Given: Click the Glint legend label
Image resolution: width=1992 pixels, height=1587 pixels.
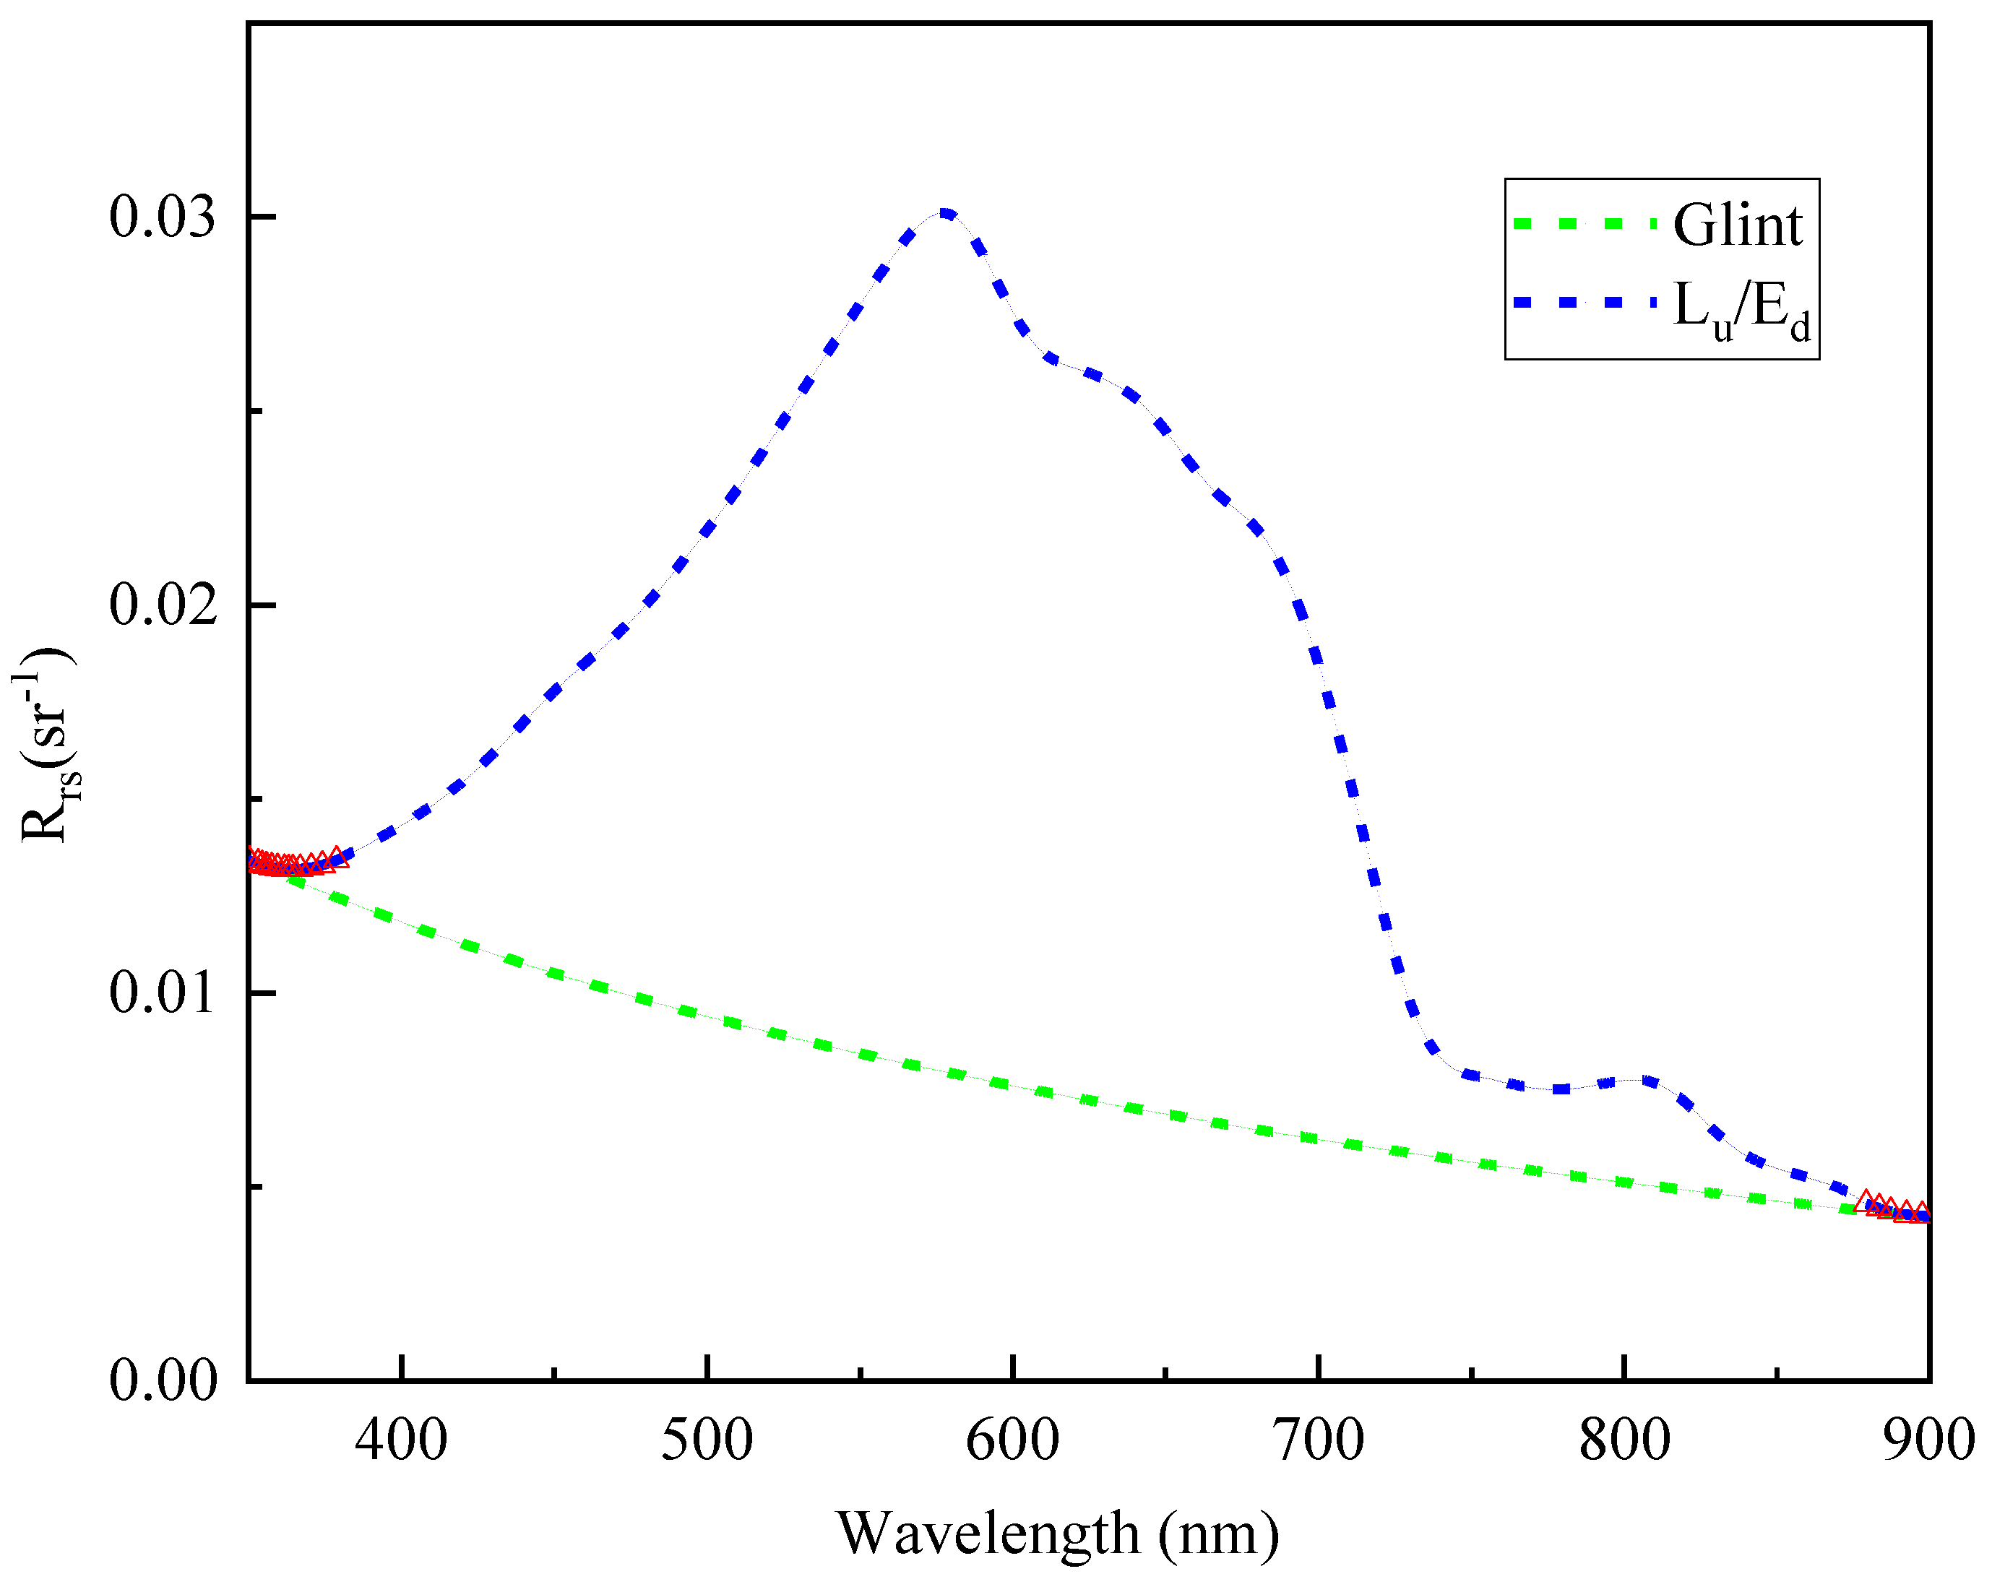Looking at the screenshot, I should [x=1737, y=225].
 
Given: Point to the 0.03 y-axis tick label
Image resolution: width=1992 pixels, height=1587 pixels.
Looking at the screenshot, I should [x=163, y=217].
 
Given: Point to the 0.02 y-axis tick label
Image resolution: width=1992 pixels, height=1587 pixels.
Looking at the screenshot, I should [x=163, y=605].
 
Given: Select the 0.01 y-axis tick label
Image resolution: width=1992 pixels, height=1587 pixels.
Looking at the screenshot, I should [x=163, y=993].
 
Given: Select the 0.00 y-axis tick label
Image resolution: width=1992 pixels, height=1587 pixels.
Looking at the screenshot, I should [x=163, y=1381].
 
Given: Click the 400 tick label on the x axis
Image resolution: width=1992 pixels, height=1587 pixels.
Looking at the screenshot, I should [x=401, y=1440].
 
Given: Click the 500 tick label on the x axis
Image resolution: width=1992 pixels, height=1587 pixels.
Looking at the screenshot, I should [x=707, y=1440].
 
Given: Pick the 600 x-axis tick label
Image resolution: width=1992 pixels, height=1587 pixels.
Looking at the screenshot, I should [x=1013, y=1440].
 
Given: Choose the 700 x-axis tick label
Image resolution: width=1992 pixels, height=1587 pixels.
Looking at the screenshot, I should [x=1319, y=1440].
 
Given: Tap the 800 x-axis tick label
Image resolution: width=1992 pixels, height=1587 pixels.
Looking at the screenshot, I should [x=1624, y=1440].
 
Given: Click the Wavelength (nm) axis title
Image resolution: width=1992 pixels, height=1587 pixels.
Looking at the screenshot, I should [x=1058, y=1534].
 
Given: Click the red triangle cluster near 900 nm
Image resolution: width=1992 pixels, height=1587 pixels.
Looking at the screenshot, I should [x=1894, y=1208].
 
